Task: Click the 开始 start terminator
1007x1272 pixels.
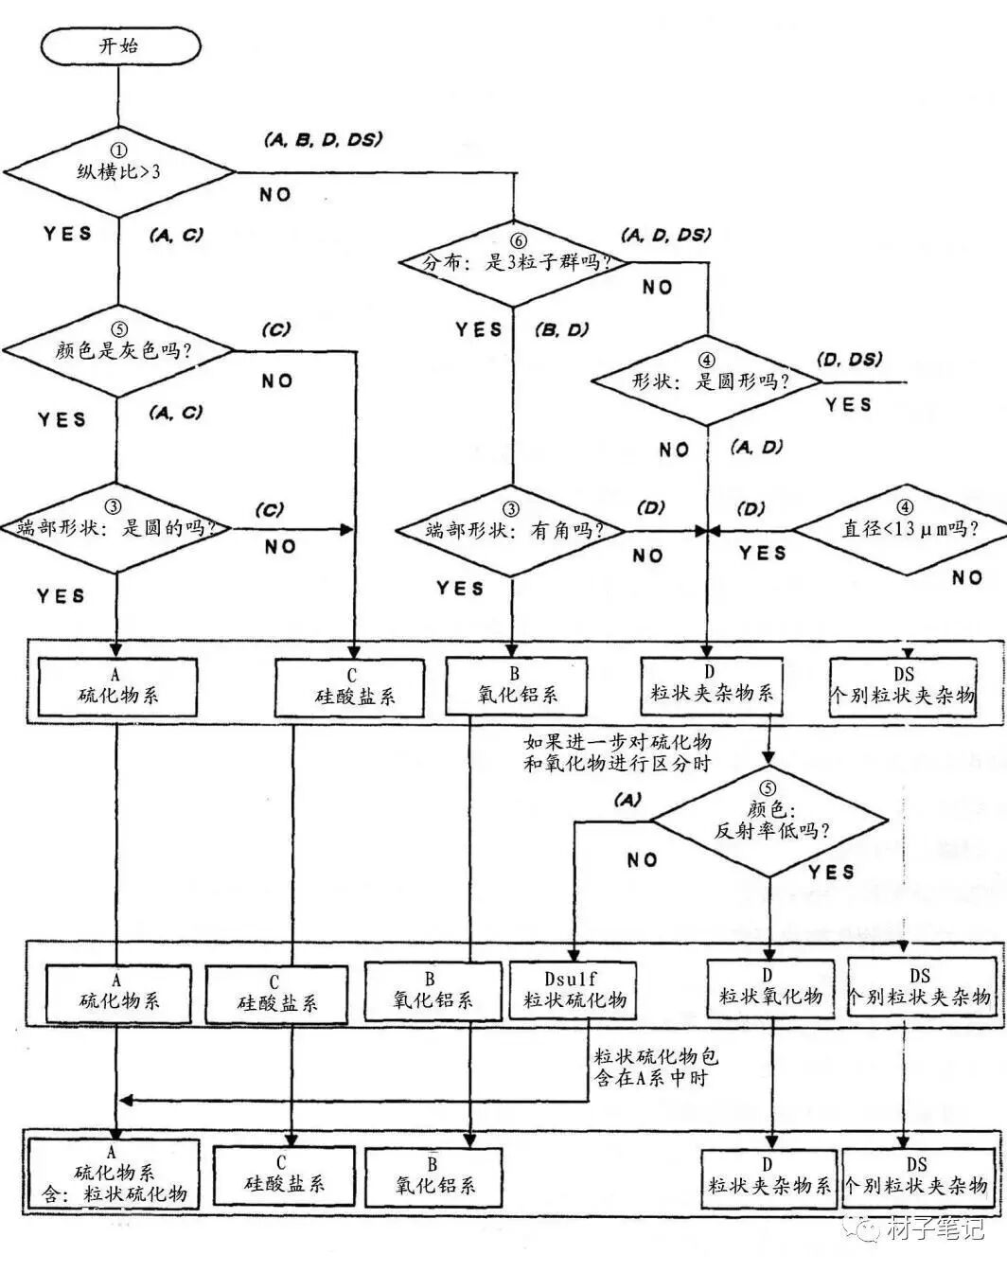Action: pos(120,45)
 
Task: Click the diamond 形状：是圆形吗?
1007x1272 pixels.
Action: pos(708,382)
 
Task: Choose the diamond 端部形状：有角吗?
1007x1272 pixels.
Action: pos(512,530)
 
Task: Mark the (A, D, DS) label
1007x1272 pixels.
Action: pos(666,235)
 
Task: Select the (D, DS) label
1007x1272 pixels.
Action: pos(849,359)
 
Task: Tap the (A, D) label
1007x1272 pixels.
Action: pos(757,447)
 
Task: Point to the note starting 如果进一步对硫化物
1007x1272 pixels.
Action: pos(617,752)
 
